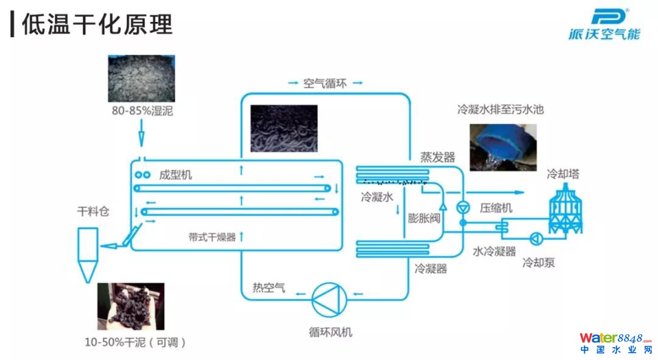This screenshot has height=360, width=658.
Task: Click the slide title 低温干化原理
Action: click(x=97, y=24)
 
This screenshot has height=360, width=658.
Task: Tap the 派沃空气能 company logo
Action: click(x=604, y=25)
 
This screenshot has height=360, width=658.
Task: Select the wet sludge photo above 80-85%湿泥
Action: click(x=141, y=79)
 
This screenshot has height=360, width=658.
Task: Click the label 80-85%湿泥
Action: click(x=141, y=110)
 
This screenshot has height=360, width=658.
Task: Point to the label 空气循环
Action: click(x=325, y=83)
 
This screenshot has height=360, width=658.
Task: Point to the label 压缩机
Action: click(x=496, y=208)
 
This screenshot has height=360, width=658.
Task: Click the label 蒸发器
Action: click(x=437, y=157)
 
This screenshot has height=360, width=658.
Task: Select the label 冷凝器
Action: click(x=431, y=269)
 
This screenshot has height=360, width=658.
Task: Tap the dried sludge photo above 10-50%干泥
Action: click(x=130, y=306)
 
